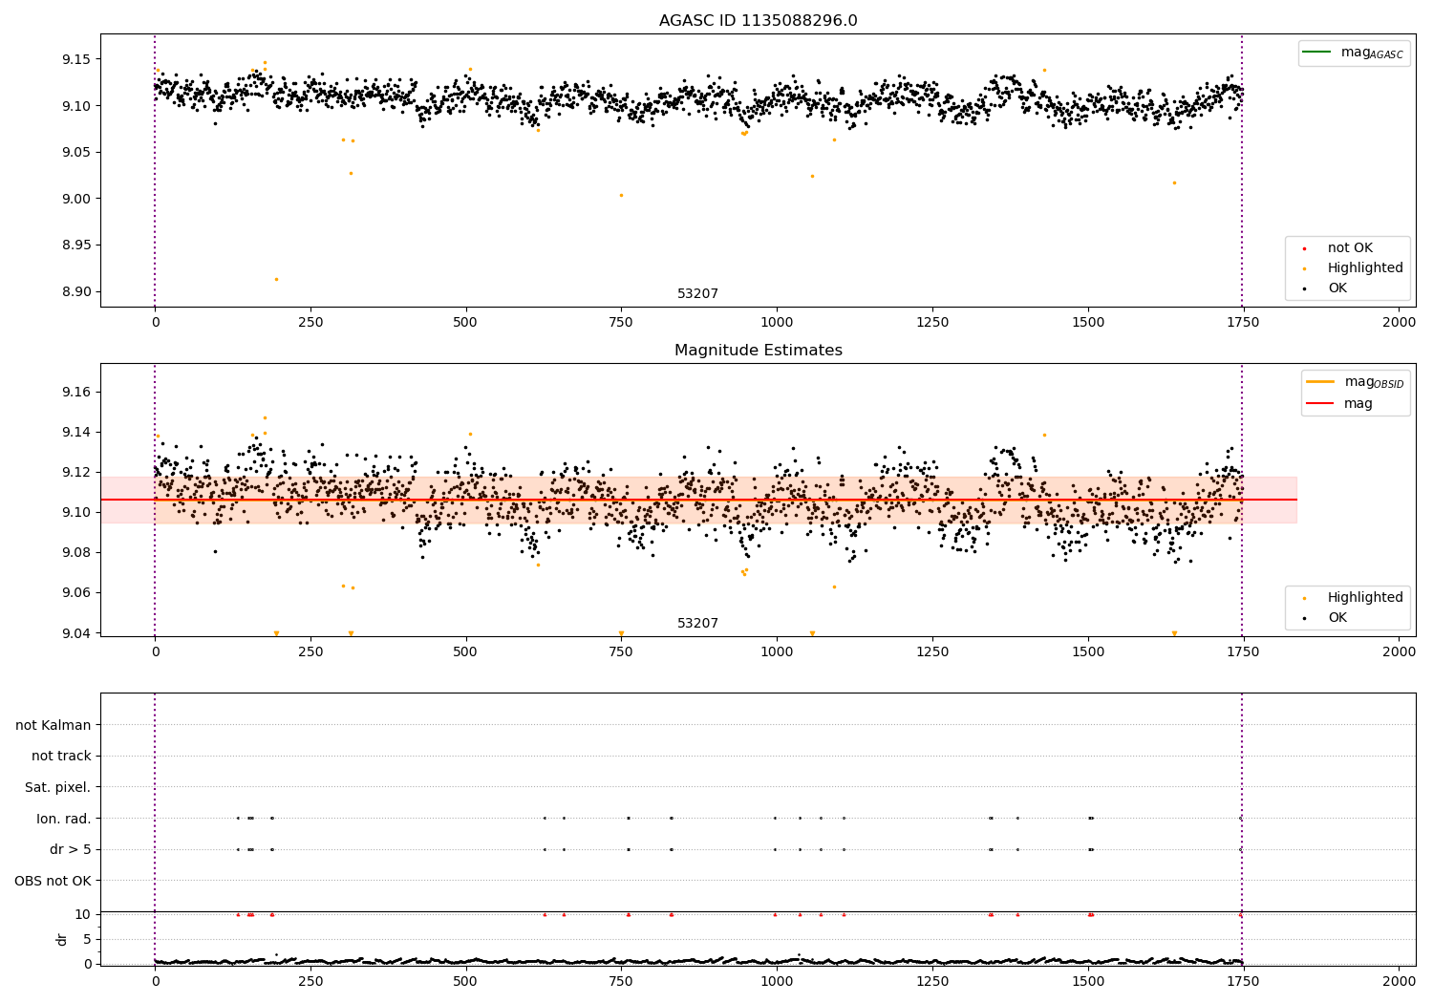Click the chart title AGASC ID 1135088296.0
758,21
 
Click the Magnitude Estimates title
758,351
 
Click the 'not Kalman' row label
53,726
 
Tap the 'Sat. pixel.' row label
57,788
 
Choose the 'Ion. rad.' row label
63,819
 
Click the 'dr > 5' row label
70,850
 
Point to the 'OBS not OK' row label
53,881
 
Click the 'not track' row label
61,757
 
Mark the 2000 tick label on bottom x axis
1400,980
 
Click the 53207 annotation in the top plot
697,294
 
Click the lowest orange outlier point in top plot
276,280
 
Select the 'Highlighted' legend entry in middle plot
1364,598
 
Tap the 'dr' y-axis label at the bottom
62,939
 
